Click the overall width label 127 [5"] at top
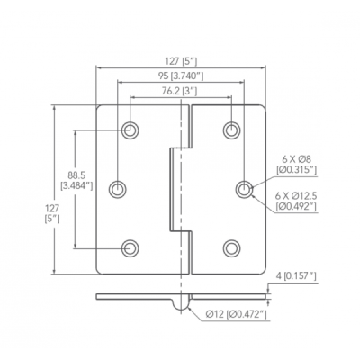(181, 61)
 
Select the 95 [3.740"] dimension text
(181, 76)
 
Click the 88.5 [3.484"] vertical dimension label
(76, 180)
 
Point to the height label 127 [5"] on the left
(52, 213)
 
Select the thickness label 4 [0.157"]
(296, 275)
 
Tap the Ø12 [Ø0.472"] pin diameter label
(237, 314)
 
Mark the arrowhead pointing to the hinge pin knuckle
(189, 308)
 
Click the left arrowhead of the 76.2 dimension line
(133, 97)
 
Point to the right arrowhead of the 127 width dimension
(263, 67)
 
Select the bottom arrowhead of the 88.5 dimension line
(75, 246)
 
